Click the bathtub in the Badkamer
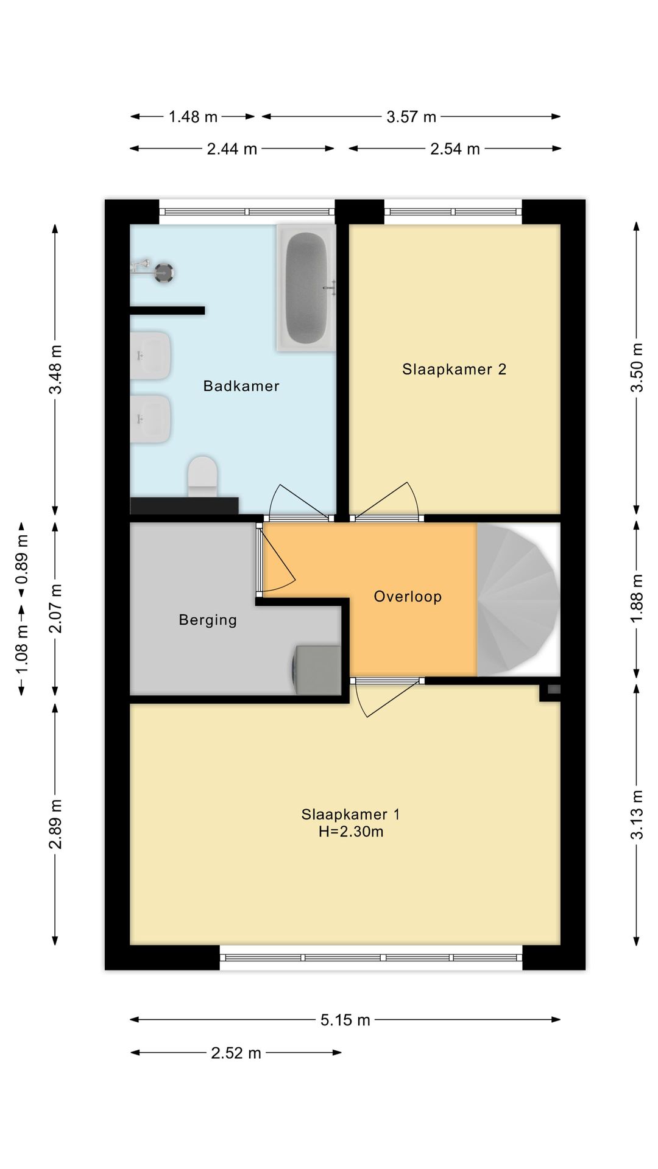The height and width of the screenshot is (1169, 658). tap(306, 288)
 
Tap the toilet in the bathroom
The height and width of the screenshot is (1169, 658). tap(203, 476)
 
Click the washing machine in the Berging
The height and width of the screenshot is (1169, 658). tap(316, 670)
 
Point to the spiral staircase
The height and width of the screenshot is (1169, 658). tap(518, 600)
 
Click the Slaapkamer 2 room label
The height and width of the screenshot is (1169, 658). tap(454, 369)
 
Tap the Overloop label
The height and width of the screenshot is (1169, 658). tap(408, 597)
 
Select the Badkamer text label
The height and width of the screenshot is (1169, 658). tap(241, 386)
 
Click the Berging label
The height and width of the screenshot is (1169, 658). tap(208, 620)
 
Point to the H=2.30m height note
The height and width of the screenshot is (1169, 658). tap(351, 832)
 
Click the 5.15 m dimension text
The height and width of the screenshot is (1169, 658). tap(345, 1020)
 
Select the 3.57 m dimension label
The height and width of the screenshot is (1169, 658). tap(411, 117)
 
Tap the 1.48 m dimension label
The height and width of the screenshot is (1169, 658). tap(193, 117)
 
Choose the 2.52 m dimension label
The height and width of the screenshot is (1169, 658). tap(236, 1053)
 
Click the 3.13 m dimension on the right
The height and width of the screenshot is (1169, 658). tap(637, 815)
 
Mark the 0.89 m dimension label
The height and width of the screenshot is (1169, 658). tap(22, 559)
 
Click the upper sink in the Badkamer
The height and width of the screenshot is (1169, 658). tap(150, 356)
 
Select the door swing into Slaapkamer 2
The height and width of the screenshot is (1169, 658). tap(386, 500)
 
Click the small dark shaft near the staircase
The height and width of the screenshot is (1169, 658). tap(554, 689)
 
